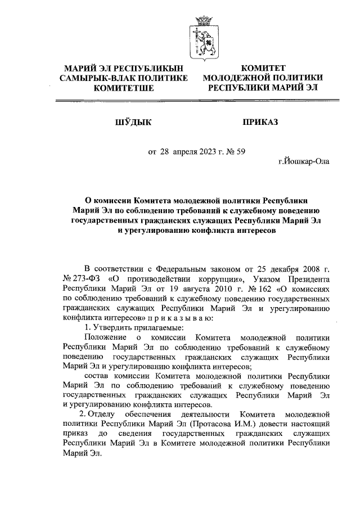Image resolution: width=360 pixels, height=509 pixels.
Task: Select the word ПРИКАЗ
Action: [261, 121]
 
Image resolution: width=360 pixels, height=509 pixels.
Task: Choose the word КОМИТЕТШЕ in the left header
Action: [127, 88]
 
